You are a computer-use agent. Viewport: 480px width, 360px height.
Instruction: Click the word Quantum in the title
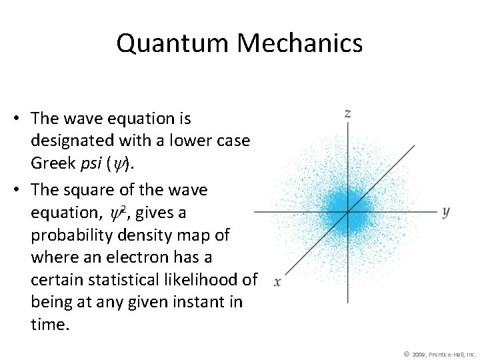pyautogui.click(x=173, y=43)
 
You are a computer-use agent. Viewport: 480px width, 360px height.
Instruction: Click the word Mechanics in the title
pyautogui.click(x=299, y=43)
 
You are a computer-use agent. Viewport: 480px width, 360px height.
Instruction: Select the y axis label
pyautogui.click(x=445, y=211)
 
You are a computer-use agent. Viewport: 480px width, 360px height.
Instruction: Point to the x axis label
pyautogui.click(x=277, y=282)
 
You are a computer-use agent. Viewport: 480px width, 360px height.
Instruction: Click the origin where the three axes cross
pyautogui.click(x=347, y=212)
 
